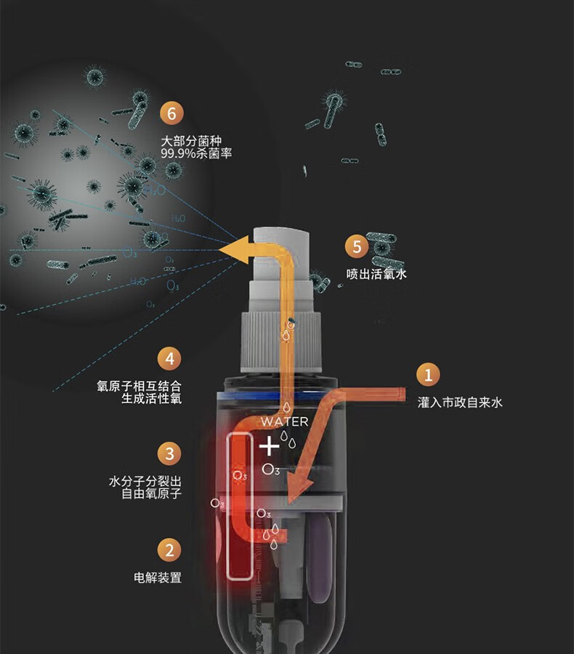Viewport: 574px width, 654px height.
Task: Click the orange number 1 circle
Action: pos(428,375)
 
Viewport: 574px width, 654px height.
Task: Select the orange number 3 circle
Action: pos(169,454)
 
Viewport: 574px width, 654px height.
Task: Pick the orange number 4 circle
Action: pos(169,359)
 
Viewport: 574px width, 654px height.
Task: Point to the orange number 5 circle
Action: pos(356,247)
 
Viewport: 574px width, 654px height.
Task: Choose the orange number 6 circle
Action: pos(171,114)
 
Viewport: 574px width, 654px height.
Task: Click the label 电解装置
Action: pos(158,578)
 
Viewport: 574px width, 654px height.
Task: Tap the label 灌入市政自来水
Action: pos(459,402)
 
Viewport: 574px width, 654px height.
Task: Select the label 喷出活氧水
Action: pos(376,275)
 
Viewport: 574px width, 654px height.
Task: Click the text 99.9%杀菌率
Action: pos(196,154)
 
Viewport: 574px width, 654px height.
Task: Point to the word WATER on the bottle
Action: pos(284,421)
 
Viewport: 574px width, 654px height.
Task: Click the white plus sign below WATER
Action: pos(269,445)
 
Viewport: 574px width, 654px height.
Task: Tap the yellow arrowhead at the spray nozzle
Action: pos(233,251)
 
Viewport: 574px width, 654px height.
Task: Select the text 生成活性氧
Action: pos(151,399)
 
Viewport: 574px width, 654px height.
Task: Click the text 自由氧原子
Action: pos(151,494)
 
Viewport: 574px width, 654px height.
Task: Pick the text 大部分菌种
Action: pos(190,141)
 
